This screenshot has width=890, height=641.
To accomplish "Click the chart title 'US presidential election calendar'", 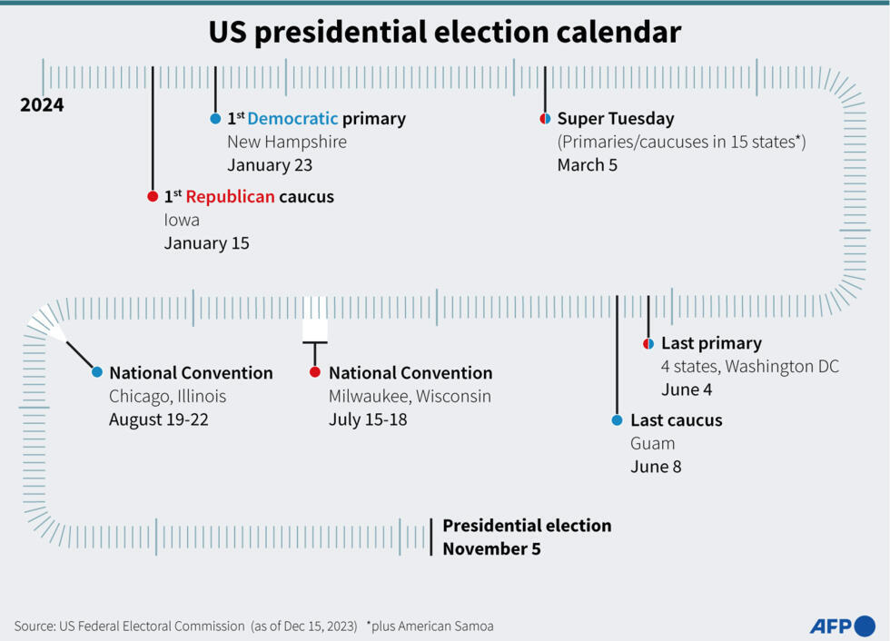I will tap(444, 33).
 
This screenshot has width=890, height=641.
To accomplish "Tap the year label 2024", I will tap(42, 105).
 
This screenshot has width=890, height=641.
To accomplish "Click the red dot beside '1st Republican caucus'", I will tap(153, 197).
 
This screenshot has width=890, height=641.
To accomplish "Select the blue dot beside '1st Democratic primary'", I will tap(215, 119).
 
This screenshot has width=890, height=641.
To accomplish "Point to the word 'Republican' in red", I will tap(230, 197).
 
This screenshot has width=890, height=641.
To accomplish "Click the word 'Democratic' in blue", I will tap(292, 119).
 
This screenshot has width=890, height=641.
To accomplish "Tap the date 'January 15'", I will tap(206, 243).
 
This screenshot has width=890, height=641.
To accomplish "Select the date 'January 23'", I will tap(270, 165).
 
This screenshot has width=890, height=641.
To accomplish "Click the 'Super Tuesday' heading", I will tap(615, 119).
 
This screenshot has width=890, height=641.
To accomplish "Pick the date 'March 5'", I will tap(587, 165).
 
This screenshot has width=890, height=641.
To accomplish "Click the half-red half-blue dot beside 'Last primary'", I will tap(648, 344).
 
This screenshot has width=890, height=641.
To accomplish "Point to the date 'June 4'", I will tap(687, 390).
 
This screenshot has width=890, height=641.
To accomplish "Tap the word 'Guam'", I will tap(652, 444).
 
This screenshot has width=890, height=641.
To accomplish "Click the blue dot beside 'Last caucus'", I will tap(618, 420).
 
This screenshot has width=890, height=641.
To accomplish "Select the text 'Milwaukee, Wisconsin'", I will tap(410, 397).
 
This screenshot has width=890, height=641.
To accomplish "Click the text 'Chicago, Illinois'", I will tap(167, 397).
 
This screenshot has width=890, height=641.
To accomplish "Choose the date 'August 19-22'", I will tap(158, 419).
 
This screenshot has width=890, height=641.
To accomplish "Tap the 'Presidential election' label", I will tap(527, 526).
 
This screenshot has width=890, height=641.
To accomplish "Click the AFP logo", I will tap(841, 626).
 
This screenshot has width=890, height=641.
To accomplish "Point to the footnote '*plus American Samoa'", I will tap(430, 626).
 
